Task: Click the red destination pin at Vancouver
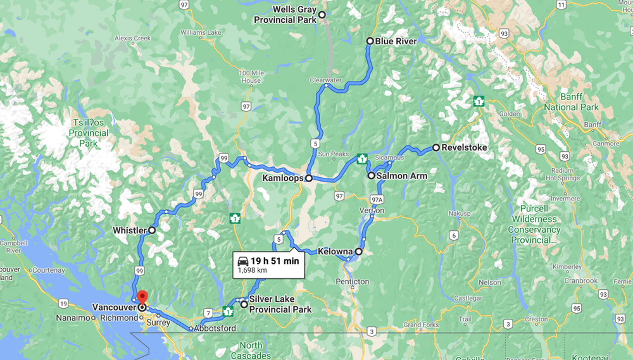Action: coord(142,296)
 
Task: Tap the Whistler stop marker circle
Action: coord(152,230)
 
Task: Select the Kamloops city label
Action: coord(282,178)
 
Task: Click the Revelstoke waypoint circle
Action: coord(436,147)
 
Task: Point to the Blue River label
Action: coord(396,41)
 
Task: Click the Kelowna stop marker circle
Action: coord(359,251)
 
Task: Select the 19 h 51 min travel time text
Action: coord(275,261)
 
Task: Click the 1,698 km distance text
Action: coord(252,270)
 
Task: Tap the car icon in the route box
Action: coord(242,261)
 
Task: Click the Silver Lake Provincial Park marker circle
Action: coord(244,304)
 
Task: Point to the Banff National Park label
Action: coord(571,102)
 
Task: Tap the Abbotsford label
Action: coord(216,328)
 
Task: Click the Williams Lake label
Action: coord(201,32)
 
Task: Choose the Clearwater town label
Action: coord(326,80)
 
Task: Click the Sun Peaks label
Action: coord(334,154)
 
